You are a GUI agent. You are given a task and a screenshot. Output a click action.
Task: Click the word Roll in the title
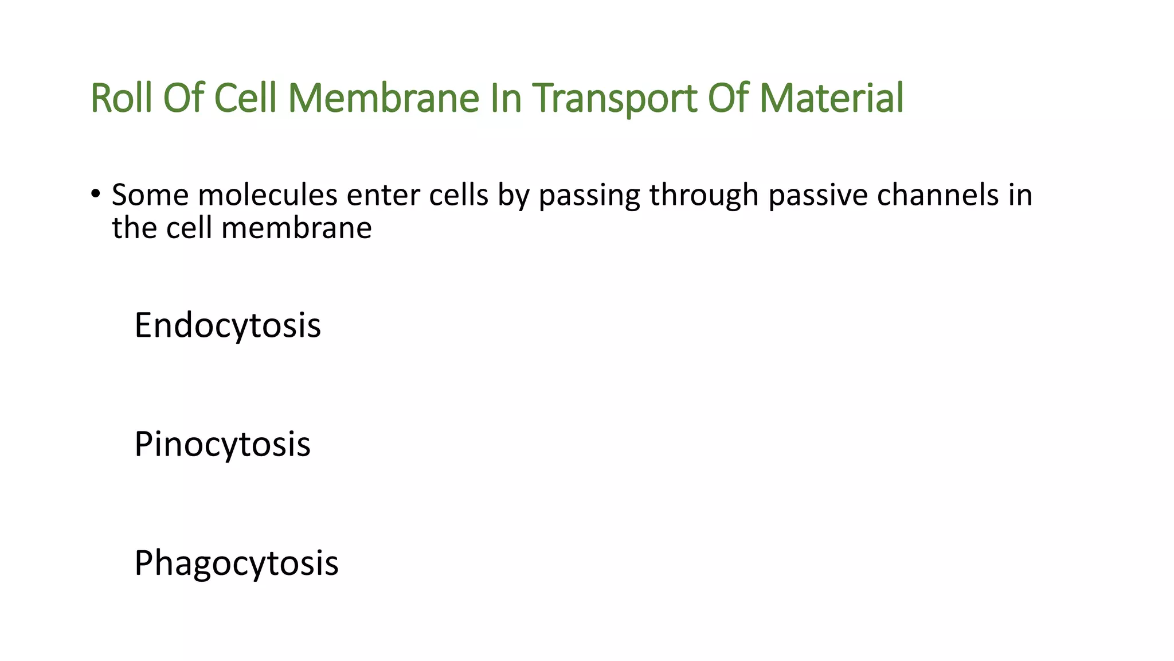(121, 98)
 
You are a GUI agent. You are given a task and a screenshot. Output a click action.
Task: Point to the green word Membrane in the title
(383, 98)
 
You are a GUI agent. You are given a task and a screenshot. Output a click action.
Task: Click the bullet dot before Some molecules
(95, 193)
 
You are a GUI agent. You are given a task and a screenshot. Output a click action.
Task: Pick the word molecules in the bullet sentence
(268, 195)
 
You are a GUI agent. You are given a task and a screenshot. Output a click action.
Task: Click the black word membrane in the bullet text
(296, 228)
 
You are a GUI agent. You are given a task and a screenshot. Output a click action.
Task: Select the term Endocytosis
(228, 325)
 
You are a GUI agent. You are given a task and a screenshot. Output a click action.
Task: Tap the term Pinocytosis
(222, 444)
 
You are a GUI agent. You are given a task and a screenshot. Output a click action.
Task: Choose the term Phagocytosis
(236, 563)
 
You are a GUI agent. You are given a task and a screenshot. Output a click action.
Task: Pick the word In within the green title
(506, 98)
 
